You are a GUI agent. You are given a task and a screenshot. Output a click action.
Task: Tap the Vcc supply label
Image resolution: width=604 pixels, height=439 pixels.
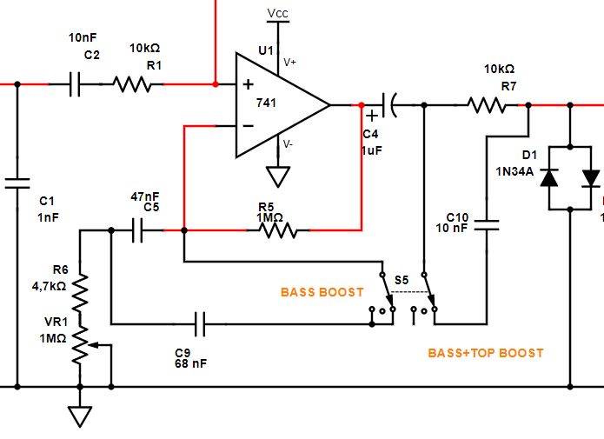pyautogui.click(x=278, y=13)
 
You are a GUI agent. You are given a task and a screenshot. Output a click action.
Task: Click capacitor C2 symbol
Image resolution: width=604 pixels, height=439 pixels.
pyautogui.click(x=75, y=84)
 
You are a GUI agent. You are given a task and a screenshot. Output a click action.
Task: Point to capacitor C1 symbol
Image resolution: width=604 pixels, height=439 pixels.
pyautogui.click(x=16, y=183)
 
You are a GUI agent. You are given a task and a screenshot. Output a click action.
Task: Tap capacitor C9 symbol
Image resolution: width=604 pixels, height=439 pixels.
pyautogui.click(x=201, y=325)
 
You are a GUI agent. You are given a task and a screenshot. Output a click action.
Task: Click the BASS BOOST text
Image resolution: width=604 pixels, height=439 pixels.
pyautogui.click(x=322, y=292)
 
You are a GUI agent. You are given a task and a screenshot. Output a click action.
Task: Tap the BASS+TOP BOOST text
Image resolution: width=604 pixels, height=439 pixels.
pyautogui.click(x=485, y=353)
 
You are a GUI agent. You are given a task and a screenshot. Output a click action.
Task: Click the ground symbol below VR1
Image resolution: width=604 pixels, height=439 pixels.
pyautogui.click(x=80, y=416)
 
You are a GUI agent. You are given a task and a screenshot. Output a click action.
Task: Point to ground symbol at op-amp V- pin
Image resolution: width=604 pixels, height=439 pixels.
pyautogui.click(x=278, y=177)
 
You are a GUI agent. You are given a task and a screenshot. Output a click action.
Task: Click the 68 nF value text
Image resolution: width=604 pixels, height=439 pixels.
pyautogui.click(x=190, y=364)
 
